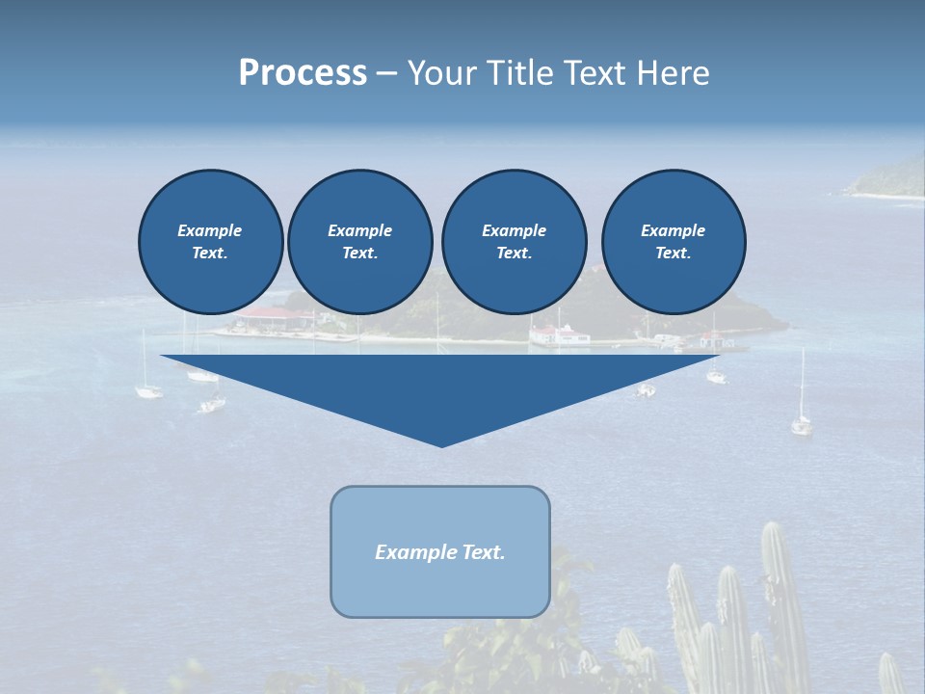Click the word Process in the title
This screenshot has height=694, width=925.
pyautogui.click(x=303, y=73)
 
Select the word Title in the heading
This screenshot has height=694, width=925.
pyautogui.click(x=519, y=73)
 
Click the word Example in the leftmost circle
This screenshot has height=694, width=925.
pyautogui.click(x=210, y=230)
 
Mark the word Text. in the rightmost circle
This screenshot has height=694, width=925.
pyautogui.click(x=674, y=253)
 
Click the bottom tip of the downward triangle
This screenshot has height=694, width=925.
pyautogui.click(x=442, y=445)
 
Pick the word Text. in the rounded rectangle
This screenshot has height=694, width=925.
pyautogui.click(x=485, y=552)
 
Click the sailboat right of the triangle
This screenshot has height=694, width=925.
pyautogui.click(x=801, y=422)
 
